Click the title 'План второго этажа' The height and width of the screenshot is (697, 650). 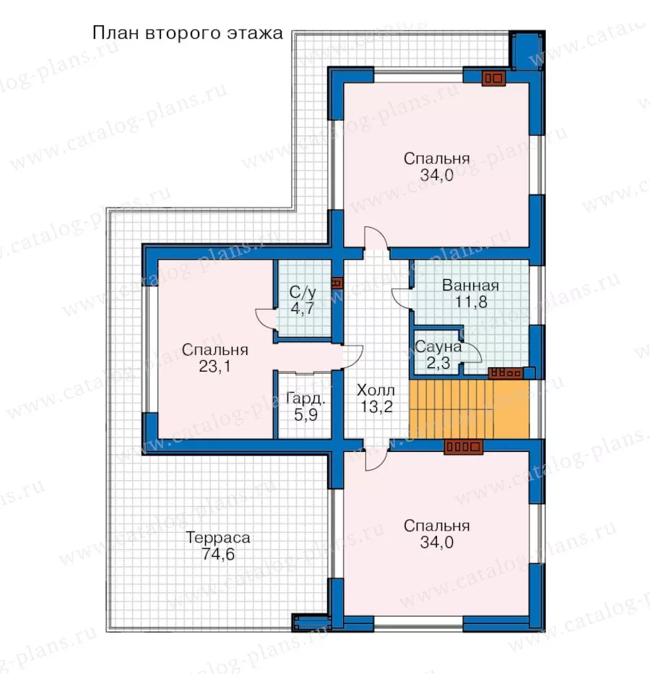pos(187,33)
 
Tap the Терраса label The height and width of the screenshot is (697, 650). pos(218,538)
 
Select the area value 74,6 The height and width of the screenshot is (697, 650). pos(218,555)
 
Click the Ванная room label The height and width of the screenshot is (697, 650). pos(471,286)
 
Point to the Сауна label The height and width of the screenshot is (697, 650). pos(438,347)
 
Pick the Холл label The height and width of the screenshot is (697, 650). pos(376,390)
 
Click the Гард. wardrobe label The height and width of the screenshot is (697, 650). pos(305,398)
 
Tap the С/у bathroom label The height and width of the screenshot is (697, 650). pos(303,292)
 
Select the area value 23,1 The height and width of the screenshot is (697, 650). pos(215,367)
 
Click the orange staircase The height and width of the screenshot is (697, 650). pos(469,409)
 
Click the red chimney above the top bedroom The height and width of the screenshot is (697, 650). pos(494,78)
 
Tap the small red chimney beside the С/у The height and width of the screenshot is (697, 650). pos(337,283)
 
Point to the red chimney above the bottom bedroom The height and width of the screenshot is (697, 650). pos(464,447)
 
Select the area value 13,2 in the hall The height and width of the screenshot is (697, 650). pos(376,407)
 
